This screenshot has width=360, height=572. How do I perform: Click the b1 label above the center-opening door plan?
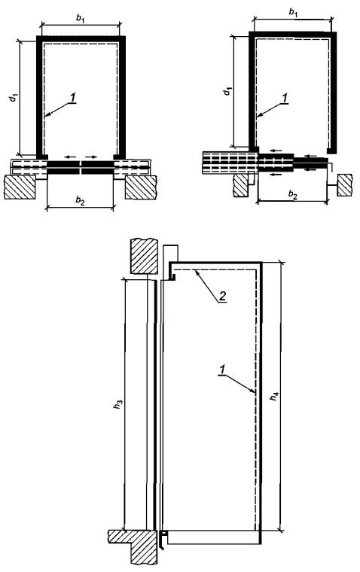[x=81, y=20]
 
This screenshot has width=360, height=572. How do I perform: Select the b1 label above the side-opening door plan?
[x=293, y=12]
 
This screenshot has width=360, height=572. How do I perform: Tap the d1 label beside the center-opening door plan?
[x=14, y=97]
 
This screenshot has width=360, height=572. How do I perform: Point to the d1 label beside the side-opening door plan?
[x=227, y=91]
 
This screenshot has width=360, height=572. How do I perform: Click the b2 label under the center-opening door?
[x=81, y=200]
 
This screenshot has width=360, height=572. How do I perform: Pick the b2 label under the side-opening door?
[x=293, y=193]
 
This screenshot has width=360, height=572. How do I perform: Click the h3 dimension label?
[x=117, y=404]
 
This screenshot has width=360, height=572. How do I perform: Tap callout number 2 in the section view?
[x=223, y=296]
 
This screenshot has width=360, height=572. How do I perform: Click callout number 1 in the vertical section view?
[x=221, y=370]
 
